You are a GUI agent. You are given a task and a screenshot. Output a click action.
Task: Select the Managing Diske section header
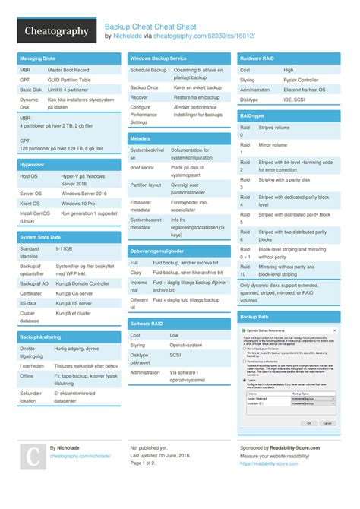(38, 58)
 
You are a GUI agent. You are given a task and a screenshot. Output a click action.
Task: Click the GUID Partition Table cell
(69, 79)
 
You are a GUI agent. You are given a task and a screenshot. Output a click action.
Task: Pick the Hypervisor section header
(32, 164)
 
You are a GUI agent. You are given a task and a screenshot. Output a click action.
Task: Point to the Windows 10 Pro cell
(79, 204)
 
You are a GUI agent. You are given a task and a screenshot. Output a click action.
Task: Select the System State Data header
(39, 237)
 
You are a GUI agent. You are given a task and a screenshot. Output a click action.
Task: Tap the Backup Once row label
(144, 87)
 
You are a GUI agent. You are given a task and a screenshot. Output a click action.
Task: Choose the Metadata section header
(141, 139)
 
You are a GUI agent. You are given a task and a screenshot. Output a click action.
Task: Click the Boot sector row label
(142, 167)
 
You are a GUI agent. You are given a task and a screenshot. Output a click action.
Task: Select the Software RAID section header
(147, 324)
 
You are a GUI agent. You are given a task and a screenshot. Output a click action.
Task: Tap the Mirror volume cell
(273, 144)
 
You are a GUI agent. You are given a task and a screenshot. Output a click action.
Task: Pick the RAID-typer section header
(252, 115)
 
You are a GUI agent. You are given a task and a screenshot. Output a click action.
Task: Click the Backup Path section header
(254, 315)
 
